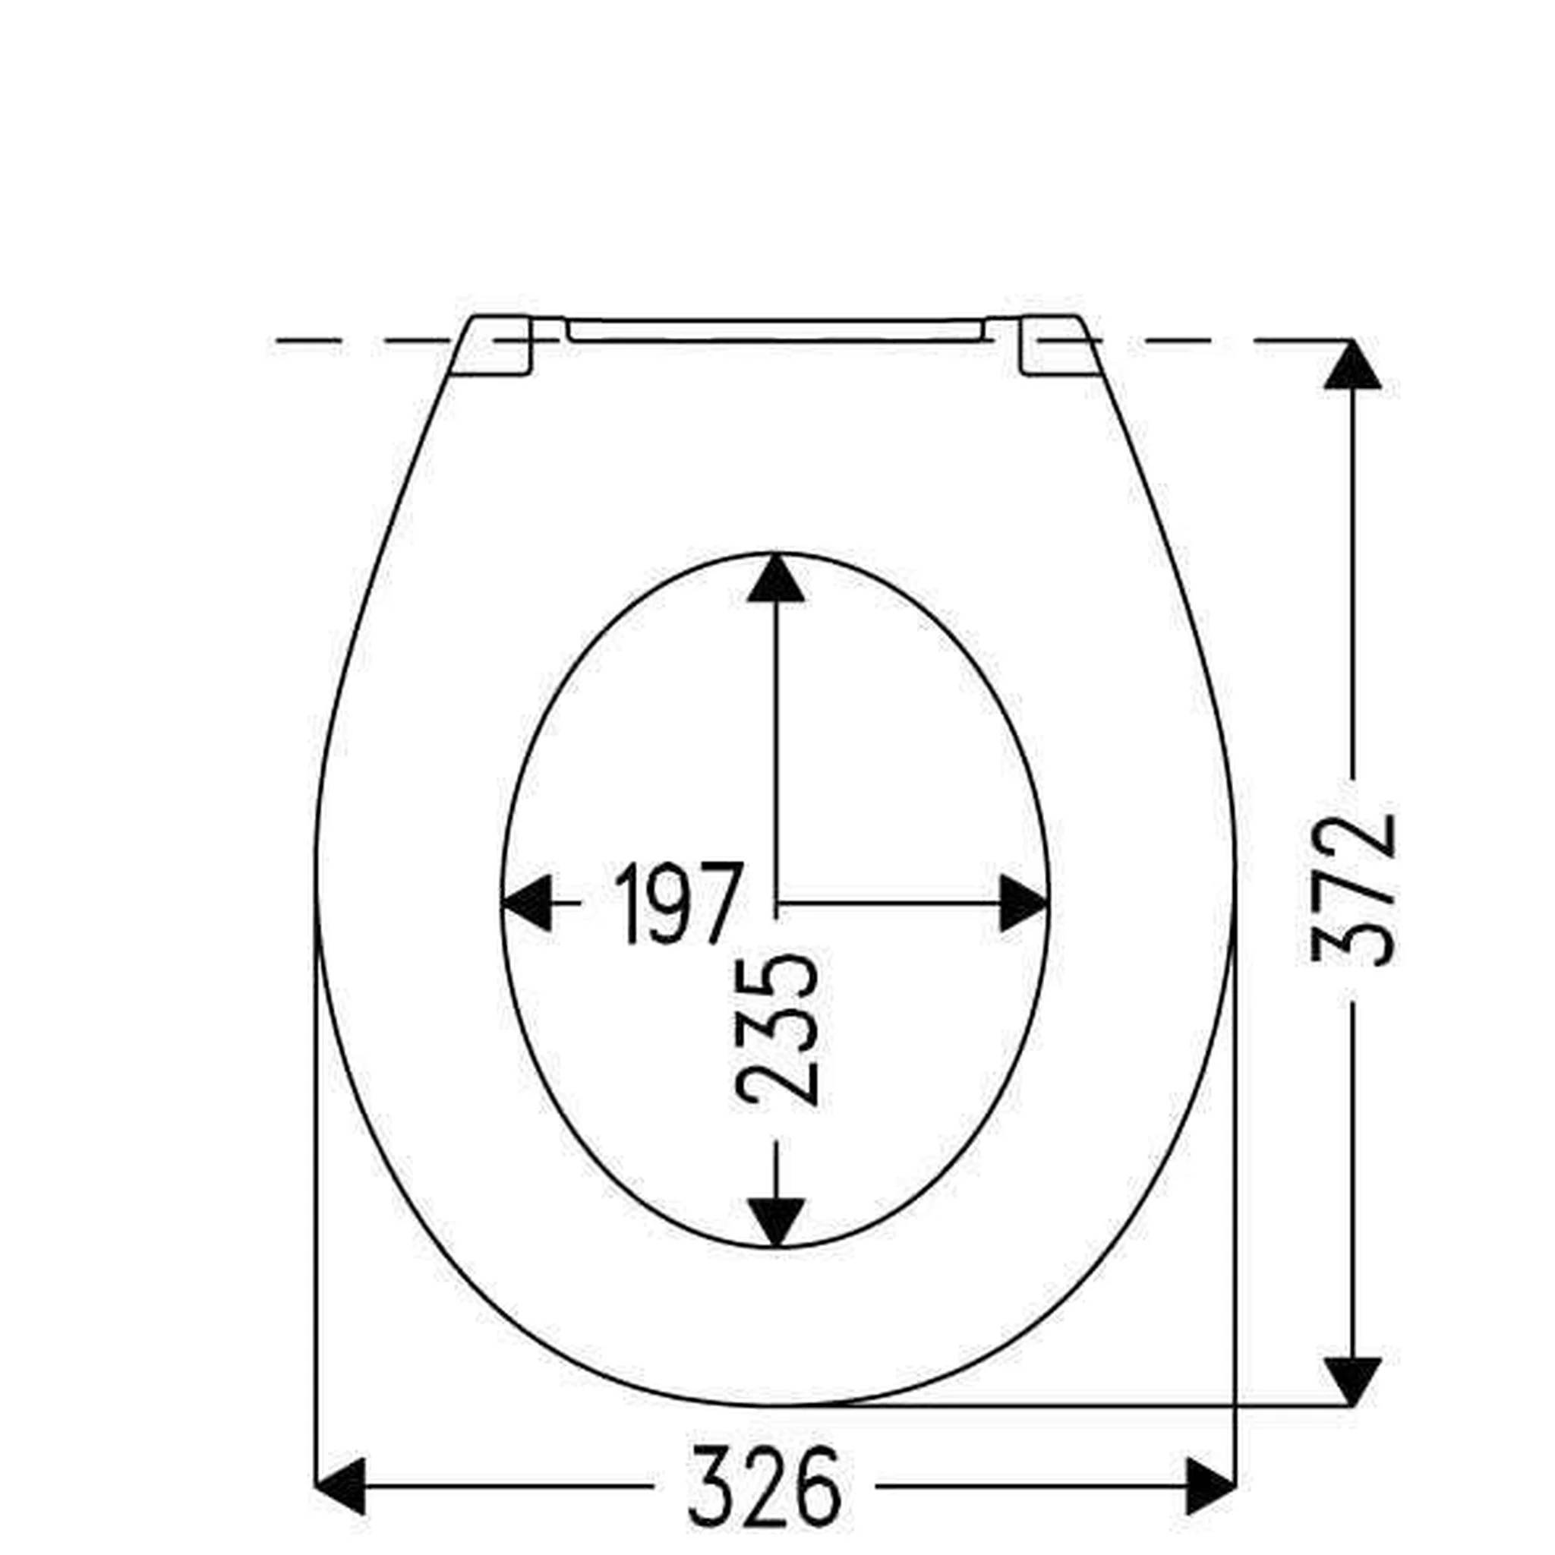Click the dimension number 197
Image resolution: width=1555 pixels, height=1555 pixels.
point(675,904)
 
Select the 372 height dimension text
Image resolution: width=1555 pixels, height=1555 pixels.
point(1352,890)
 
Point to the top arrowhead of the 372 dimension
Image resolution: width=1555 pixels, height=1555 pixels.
point(1352,367)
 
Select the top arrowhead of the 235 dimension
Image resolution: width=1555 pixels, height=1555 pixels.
point(776,579)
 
